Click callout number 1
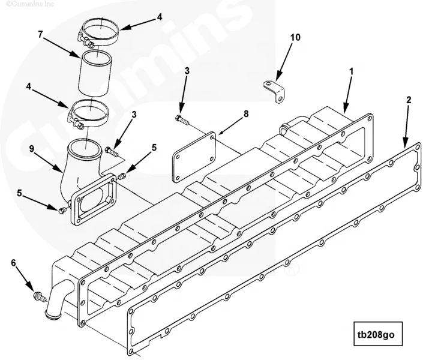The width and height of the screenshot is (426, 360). (x=352, y=71)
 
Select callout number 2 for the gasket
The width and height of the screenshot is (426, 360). (x=409, y=100)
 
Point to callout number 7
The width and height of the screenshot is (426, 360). (x=40, y=35)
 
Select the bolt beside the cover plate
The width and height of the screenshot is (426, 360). (x=181, y=121)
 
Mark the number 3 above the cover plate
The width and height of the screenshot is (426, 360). (x=187, y=71)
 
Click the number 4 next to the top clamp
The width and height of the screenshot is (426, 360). (x=160, y=17)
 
